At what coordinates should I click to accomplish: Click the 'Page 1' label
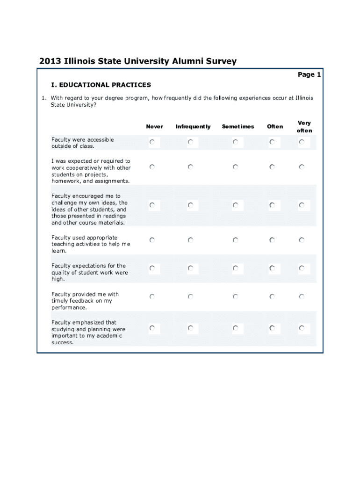point(309,74)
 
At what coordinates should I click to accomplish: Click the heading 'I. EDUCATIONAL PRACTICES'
point(101,85)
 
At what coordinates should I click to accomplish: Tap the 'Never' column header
point(155,126)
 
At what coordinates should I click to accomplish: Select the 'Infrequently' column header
point(193,126)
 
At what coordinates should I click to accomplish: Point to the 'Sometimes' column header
point(238,126)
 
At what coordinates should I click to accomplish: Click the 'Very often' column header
point(304,127)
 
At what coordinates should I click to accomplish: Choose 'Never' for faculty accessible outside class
point(152,142)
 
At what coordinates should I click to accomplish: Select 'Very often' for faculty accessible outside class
point(302,142)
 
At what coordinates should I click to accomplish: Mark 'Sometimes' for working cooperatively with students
point(236,167)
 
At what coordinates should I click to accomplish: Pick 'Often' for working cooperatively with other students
point(272,167)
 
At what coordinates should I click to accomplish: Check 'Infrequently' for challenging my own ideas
point(191,205)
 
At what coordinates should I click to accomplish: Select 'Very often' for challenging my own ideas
point(302,205)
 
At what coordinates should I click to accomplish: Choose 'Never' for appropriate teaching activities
point(152,240)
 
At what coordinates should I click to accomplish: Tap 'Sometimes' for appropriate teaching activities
point(236,240)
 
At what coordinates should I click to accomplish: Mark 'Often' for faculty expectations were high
point(272,268)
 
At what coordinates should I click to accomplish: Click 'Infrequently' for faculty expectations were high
point(191,268)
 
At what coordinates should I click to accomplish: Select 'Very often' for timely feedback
point(302,297)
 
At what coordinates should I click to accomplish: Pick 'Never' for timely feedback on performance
point(152,297)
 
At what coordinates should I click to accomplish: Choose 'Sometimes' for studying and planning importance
point(236,328)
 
